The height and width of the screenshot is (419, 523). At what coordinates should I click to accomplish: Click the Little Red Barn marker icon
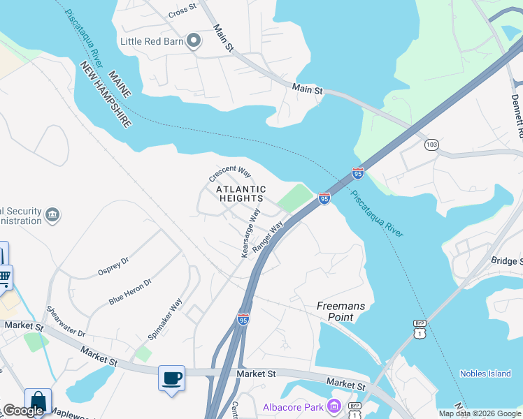pyautogui.click(x=194, y=41)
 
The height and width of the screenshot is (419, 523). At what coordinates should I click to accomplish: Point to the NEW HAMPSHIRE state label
pyautogui.click(x=106, y=95)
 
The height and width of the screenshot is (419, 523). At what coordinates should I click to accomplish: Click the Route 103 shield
pyautogui.click(x=431, y=145)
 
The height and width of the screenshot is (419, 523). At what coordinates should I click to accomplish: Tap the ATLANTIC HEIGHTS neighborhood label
pyautogui.click(x=241, y=193)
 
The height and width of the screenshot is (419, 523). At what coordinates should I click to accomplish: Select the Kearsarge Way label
pyautogui.click(x=250, y=233)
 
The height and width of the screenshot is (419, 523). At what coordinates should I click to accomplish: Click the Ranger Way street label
pyautogui.click(x=268, y=237)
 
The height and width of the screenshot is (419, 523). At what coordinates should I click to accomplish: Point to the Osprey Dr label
pyautogui.click(x=113, y=267)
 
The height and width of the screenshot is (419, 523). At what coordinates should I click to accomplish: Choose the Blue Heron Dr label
pyautogui.click(x=130, y=291)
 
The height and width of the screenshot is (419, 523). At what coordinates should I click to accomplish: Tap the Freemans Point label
pyautogui.click(x=341, y=311)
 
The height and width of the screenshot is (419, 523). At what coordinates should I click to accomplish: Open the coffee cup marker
pyautogui.click(x=172, y=378)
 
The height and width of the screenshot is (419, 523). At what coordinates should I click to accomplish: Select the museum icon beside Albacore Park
pyautogui.click(x=334, y=406)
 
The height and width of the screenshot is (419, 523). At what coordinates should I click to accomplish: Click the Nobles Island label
pyautogui.click(x=485, y=374)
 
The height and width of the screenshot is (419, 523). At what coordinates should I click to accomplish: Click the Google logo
pyautogui.click(x=22, y=411)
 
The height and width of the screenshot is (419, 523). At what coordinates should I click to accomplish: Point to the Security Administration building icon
pyautogui.click(x=52, y=213)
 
